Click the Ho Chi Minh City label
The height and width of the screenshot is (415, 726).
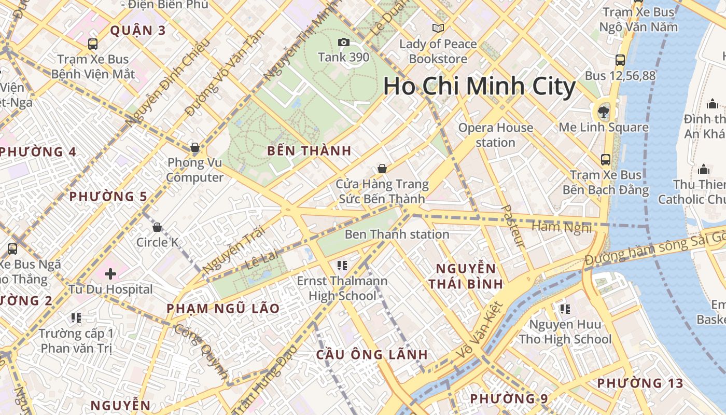(x=479, y=87)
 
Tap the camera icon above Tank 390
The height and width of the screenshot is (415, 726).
(x=343, y=43)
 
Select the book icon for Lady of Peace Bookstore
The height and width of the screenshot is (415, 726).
(x=438, y=28)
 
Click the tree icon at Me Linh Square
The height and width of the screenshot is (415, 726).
(x=603, y=110)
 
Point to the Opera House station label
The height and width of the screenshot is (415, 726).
(x=495, y=135)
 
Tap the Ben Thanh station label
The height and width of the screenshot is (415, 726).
(x=397, y=234)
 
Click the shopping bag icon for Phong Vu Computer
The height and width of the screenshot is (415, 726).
(x=195, y=148)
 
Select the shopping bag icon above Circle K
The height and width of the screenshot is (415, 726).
(x=157, y=227)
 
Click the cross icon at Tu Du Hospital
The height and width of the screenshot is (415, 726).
(x=110, y=273)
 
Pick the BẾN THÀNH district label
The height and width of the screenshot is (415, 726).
(x=309, y=151)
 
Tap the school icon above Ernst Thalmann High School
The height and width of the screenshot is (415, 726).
(x=342, y=266)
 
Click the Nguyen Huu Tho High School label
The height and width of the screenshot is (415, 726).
(x=565, y=332)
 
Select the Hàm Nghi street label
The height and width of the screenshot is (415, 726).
(x=562, y=227)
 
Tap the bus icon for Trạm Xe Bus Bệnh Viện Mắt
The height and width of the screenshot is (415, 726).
(x=93, y=44)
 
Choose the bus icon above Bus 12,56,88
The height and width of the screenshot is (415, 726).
(x=620, y=60)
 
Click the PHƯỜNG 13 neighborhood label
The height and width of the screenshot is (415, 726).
(x=640, y=383)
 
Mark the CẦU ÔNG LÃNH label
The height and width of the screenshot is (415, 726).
(x=372, y=355)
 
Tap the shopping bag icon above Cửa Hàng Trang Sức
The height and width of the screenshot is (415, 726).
(x=382, y=169)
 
